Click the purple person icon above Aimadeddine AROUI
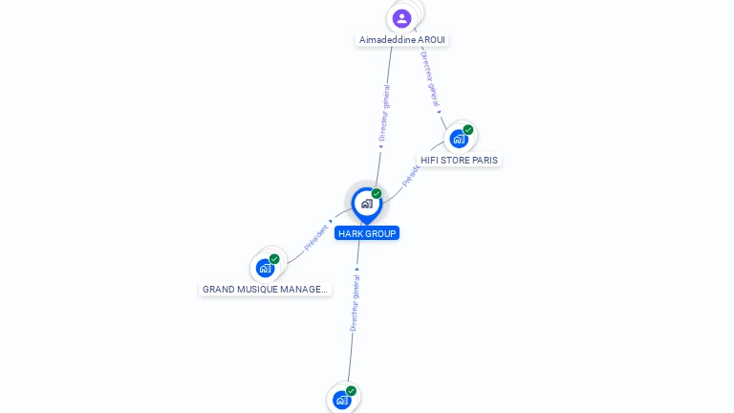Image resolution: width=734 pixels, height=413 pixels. [x=402, y=18]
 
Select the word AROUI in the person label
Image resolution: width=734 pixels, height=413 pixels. [x=431, y=40]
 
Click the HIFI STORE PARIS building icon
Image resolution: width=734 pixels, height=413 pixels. [x=459, y=140]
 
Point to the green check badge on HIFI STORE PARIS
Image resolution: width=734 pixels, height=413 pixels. [x=468, y=130]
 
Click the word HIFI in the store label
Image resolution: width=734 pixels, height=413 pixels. [x=429, y=161]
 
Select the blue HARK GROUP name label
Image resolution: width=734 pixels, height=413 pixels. [x=367, y=233]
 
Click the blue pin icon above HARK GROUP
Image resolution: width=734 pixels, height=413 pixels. [x=366, y=204]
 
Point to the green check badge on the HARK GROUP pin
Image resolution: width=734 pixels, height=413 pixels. [x=377, y=194]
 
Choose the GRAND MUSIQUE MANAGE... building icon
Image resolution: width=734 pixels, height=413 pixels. [x=265, y=269]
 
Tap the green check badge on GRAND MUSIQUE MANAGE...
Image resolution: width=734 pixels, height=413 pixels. [x=274, y=259]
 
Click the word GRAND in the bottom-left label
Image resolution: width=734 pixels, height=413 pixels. [x=219, y=289]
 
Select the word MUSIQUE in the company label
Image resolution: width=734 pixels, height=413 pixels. [x=261, y=289]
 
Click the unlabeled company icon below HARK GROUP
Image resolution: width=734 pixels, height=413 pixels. [x=341, y=400]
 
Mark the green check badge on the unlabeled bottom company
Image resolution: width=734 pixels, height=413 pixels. [x=351, y=391]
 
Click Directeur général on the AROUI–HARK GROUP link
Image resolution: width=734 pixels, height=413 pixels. [x=384, y=113]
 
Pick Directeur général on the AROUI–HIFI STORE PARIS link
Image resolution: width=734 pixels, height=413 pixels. [x=430, y=80]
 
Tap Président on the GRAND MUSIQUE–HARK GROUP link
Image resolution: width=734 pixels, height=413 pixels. [x=316, y=237]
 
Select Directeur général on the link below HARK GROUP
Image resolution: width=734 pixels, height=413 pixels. [x=355, y=303]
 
